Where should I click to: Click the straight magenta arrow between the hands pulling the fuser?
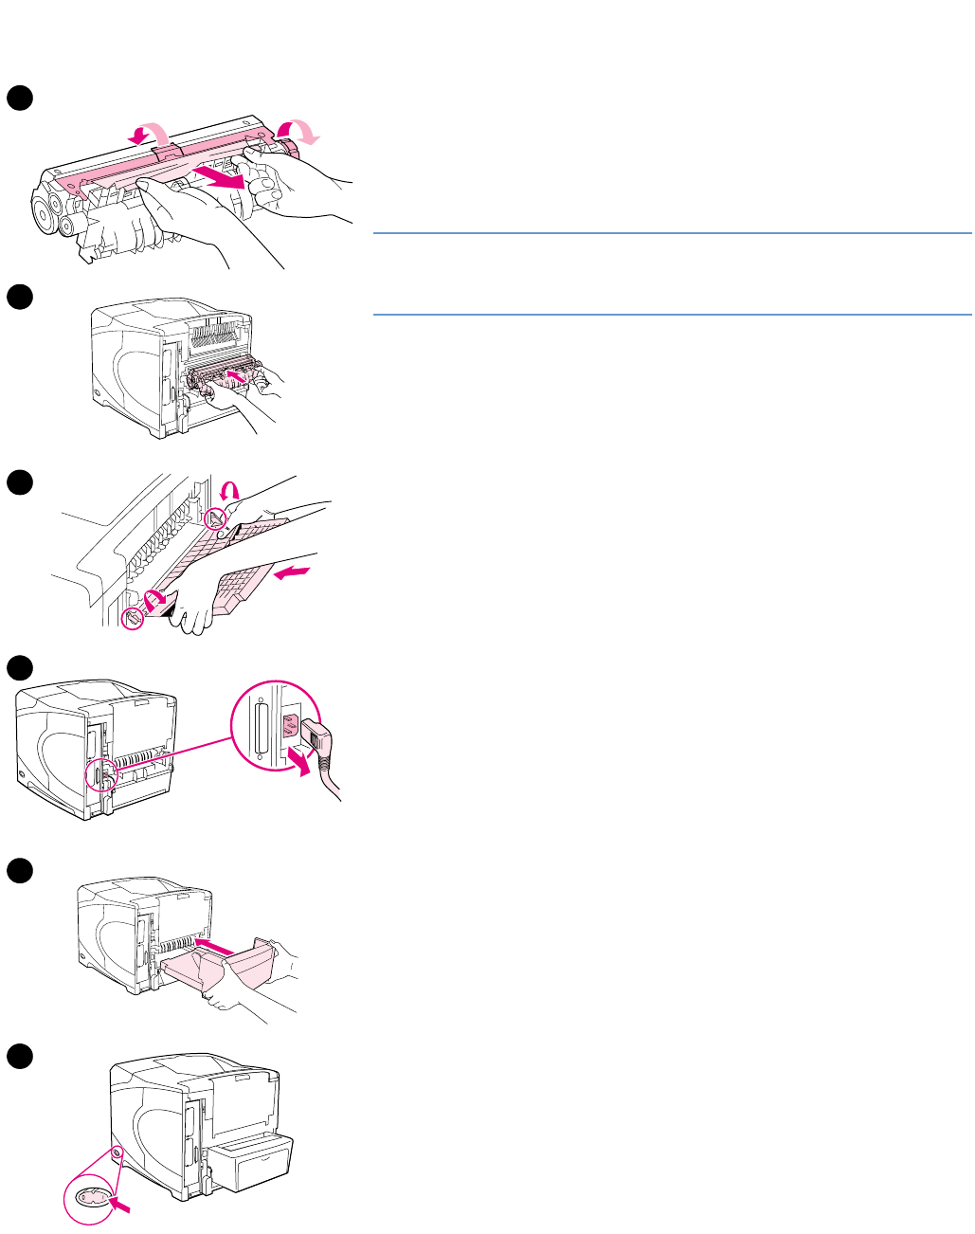219,174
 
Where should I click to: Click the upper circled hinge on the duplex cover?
217,517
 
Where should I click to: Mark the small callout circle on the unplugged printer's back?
99,774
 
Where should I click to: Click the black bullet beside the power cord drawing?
20,668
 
